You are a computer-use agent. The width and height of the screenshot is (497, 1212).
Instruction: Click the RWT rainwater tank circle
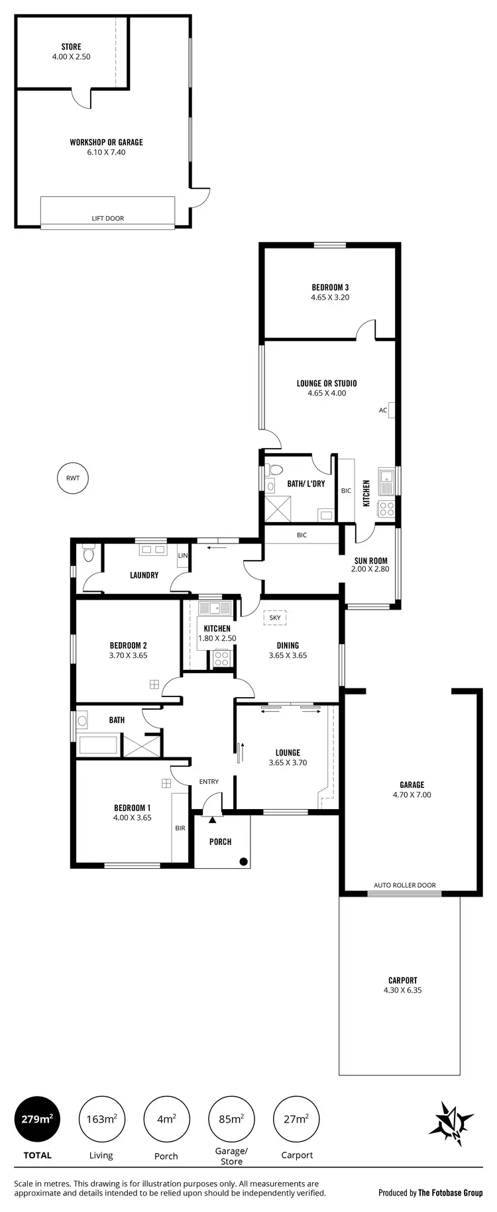(x=73, y=478)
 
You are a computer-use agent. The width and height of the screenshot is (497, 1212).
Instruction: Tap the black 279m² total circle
(x=37, y=1119)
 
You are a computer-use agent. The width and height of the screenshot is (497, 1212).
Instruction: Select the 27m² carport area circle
(x=296, y=1119)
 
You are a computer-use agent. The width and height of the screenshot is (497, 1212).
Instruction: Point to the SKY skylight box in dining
(x=275, y=618)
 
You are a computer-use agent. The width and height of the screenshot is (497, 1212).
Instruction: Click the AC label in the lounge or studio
(x=383, y=410)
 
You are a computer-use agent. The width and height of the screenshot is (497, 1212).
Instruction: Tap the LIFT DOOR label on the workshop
(x=107, y=218)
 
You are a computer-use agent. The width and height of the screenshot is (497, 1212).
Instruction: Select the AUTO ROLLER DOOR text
(x=404, y=885)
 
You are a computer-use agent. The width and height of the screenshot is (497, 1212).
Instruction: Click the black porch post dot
(x=243, y=861)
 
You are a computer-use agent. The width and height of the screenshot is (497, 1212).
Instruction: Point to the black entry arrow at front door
(x=213, y=820)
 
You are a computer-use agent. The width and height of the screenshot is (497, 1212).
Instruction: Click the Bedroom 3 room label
(x=330, y=287)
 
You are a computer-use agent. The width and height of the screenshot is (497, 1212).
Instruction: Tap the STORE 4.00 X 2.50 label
(x=71, y=52)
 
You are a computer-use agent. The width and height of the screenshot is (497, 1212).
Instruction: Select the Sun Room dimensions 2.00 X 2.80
(x=370, y=569)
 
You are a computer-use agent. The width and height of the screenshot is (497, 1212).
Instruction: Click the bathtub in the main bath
(x=98, y=744)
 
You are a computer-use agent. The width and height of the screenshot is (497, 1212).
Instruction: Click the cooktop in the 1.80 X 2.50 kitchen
(x=221, y=659)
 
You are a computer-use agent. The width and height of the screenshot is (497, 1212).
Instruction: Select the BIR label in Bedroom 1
(x=180, y=828)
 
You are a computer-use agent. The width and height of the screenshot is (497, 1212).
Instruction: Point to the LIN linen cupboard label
(x=183, y=555)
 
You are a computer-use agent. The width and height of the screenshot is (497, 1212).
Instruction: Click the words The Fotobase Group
(x=450, y=1193)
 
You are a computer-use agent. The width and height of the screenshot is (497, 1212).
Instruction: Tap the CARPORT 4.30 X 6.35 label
(x=402, y=985)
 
